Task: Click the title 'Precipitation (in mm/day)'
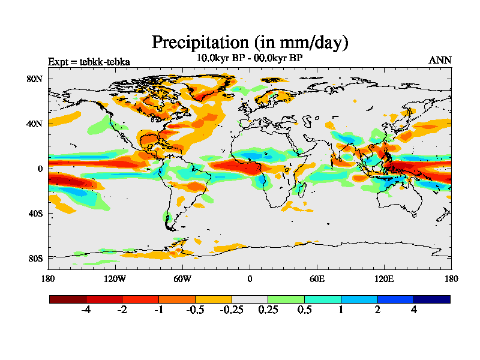click(x=250, y=43)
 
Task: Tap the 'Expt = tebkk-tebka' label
click(x=89, y=61)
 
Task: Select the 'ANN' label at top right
click(x=440, y=60)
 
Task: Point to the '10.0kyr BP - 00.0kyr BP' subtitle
click(x=250, y=58)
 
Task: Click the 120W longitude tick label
click(x=115, y=278)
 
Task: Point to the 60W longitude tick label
click(x=182, y=278)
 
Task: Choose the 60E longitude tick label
click(x=317, y=278)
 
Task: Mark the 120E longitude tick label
click(x=384, y=278)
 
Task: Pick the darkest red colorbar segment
click(x=68, y=299)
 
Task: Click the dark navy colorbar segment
click(x=431, y=299)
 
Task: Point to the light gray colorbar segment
click(x=250, y=299)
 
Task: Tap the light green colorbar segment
click(x=286, y=299)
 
